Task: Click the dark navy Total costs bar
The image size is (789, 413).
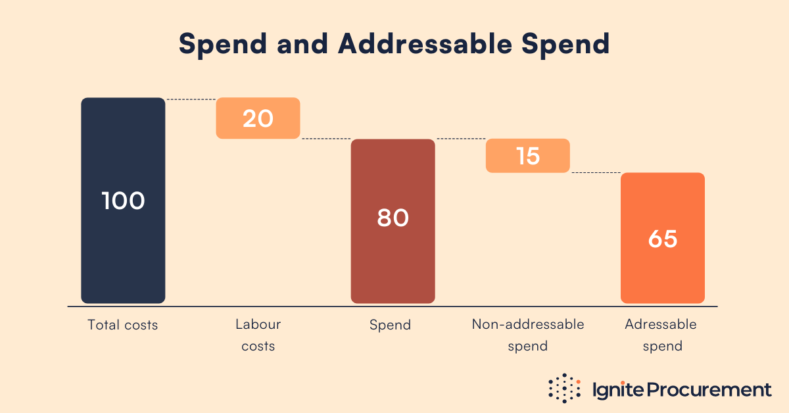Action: coord(123,250)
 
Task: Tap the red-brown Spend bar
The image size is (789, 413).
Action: coord(393,263)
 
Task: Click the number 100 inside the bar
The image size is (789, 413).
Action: coord(123,201)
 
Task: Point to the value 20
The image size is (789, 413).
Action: coord(258,118)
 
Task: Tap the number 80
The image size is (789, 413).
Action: coord(393,218)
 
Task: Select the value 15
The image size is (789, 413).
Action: coord(527,156)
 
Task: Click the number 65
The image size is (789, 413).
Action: coord(662,239)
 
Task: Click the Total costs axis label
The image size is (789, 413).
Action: coord(123,325)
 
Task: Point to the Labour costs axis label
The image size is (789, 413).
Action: coord(258,335)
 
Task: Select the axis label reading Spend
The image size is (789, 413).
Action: coord(390,325)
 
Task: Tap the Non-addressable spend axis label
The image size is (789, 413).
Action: coord(527,335)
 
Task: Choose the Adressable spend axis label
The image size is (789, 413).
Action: coord(661,335)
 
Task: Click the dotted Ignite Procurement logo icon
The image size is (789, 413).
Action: coord(565,389)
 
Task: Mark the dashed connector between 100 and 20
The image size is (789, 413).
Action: coord(191,99)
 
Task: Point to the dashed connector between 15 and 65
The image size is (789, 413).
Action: coord(596,173)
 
